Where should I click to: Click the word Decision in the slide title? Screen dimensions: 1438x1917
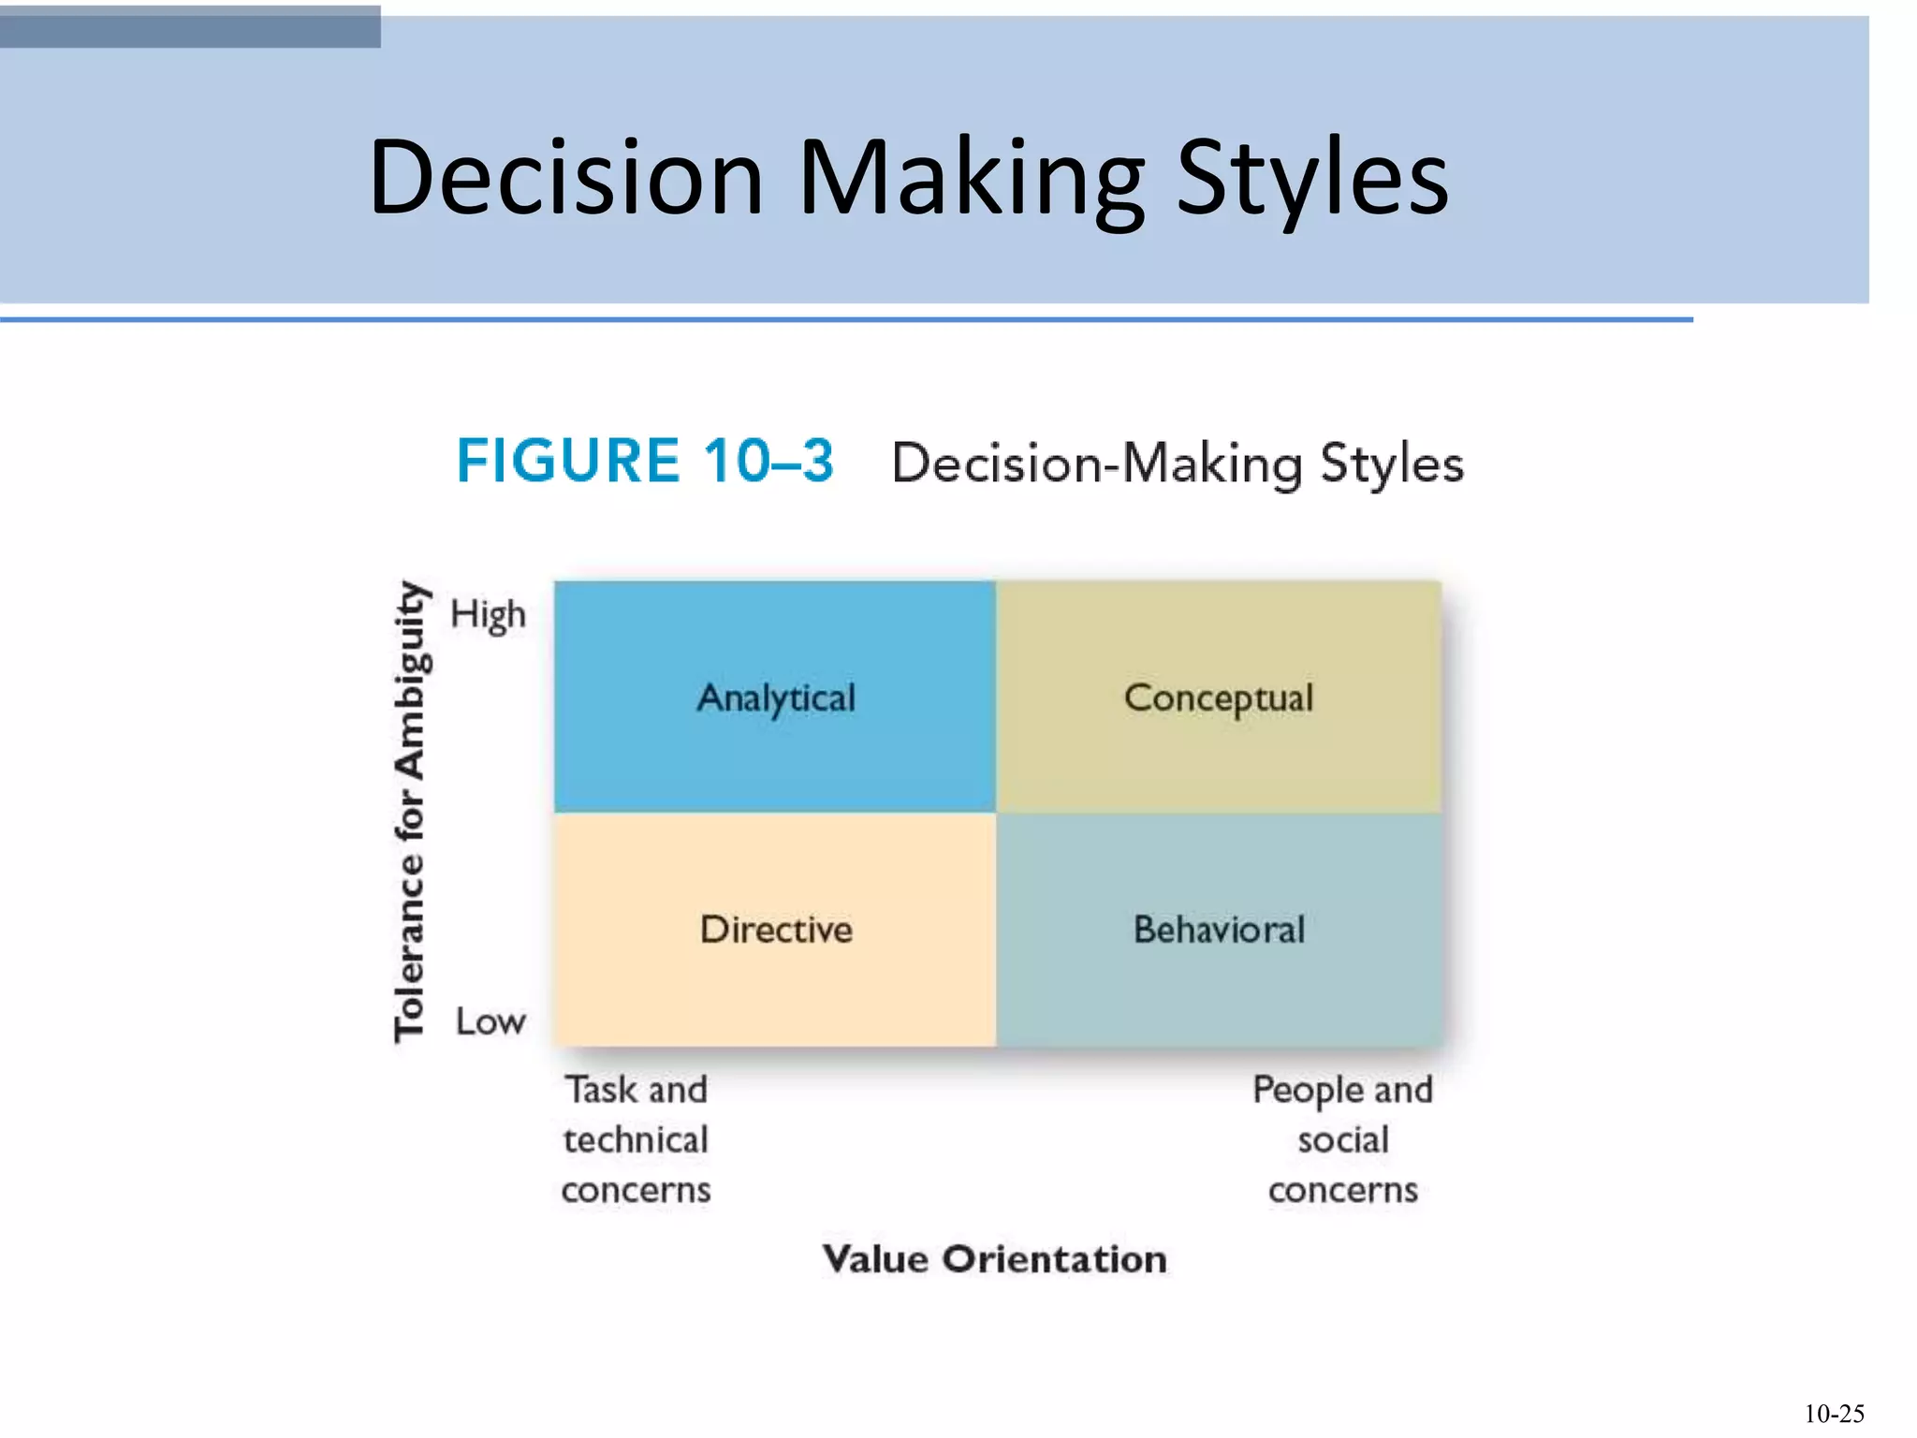click(566, 178)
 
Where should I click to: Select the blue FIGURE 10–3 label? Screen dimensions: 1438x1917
click(645, 461)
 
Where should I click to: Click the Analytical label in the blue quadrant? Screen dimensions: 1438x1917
click(776, 698)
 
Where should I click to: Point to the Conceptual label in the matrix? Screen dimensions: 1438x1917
click(1219, 698)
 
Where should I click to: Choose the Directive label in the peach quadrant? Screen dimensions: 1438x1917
click(776, 930)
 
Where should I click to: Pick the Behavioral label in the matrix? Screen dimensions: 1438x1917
click(1219, 930)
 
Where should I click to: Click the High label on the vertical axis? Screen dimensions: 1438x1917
click(488, 615)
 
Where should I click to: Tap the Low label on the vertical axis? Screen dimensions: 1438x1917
click(490, 1021)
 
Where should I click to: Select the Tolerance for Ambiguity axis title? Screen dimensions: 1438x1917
click(410, 811)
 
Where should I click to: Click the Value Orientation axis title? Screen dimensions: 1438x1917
click(994, 1259)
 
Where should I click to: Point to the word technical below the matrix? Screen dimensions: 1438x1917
click(636, 1140)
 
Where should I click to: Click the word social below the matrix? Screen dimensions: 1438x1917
click(1343, 1140)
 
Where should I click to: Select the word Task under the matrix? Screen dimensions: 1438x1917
click(601, 1090)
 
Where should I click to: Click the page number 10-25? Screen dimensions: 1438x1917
click(1833, 1414)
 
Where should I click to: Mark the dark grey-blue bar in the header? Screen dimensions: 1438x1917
click(190, 26)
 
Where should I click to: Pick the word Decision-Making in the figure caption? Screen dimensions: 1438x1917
click(1097, 464)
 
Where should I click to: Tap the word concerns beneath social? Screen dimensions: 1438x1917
click(1343, 1191)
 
